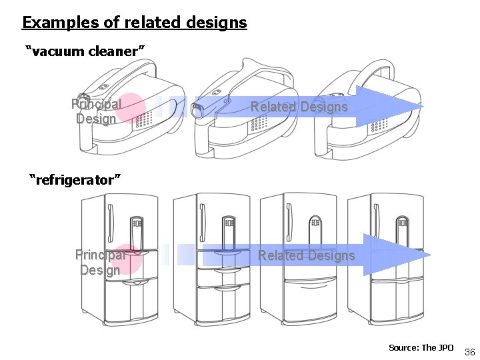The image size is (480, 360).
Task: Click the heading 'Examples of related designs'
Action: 134,23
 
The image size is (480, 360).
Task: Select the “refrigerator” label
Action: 75,179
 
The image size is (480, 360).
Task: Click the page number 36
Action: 469,351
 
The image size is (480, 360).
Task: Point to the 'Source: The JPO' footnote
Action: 421,347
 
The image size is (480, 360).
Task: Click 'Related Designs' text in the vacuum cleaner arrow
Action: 299,107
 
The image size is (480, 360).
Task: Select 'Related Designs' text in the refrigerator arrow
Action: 307,255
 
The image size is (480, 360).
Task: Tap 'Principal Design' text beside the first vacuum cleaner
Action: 96,111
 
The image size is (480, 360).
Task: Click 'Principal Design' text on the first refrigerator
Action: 100,262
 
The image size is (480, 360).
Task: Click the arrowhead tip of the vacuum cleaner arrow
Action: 422,107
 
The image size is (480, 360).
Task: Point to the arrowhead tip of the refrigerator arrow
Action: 430,255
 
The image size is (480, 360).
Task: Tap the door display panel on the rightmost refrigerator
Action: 403,223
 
